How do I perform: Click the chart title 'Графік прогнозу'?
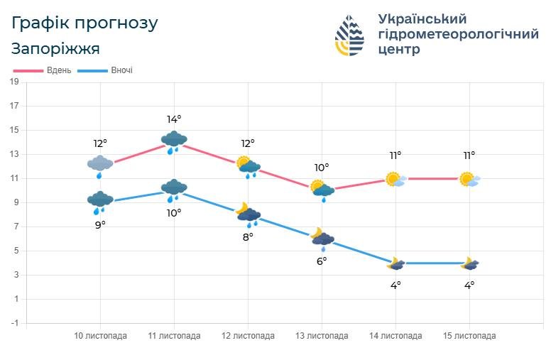pyautogui.click(x=84, y=23)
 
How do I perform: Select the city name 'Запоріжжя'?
pyautogui.click(x=55, y=48)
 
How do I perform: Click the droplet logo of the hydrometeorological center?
pyautogui.click(x=349, y=36)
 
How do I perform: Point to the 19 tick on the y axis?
pyautogui.click(x=13, y=82)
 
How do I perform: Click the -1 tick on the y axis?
pyautogui.click(x=13, y=323)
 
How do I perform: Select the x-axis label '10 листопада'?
pyautogui.click(x=101, y=336)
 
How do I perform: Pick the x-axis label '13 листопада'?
pyautogui.click(x=322, y=336)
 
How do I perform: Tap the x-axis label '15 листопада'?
pyautogui.click(x=469, y=336)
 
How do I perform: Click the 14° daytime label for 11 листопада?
pyautogui.click(x=174, y=119)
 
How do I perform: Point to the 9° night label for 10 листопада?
pyautogui.click(x=100, y=224)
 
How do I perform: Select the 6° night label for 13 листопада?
pyautogui.click(x=322, y=261)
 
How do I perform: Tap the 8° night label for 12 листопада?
pyautogui.click(x=248, y=237)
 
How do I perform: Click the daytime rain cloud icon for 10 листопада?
pyautogui.click(x=100, y=166)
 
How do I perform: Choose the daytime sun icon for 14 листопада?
pyautogui.click(x=395, y=179)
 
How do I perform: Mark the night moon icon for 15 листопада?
pyautogui.click(x=469, y=263)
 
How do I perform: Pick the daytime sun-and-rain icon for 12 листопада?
pyautogui.click(x=248, y=166)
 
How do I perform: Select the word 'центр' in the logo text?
pyautogui.click(x=399, y=50)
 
